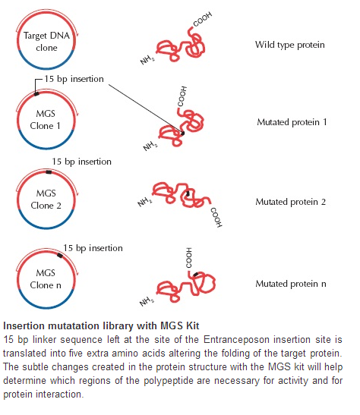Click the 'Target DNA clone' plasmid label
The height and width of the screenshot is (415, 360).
[46, 42]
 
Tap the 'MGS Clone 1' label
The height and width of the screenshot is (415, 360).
[46, 120]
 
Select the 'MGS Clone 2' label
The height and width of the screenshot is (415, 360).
[46, 200]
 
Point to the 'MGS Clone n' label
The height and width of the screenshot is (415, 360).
[46, 279]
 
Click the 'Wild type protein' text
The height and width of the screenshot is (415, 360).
[290, 45]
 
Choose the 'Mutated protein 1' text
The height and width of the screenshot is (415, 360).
[292, 122]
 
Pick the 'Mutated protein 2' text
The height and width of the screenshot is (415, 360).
[291, 202]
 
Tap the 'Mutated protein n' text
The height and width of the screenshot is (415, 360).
[291, 284]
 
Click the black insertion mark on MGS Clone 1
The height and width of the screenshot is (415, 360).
[36, 93]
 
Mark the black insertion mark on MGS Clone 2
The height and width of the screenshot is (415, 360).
[49, 172]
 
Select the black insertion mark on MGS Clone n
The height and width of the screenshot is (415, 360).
[60, 256]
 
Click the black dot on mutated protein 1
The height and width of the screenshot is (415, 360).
[182, 133]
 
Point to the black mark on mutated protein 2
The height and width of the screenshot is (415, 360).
[188, 193]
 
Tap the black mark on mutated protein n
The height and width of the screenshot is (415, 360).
[196, 275]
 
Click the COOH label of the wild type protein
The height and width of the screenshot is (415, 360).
[203, 19]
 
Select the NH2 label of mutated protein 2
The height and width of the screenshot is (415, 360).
[144, 203]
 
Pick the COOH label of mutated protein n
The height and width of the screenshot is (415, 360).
[188, 258]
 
